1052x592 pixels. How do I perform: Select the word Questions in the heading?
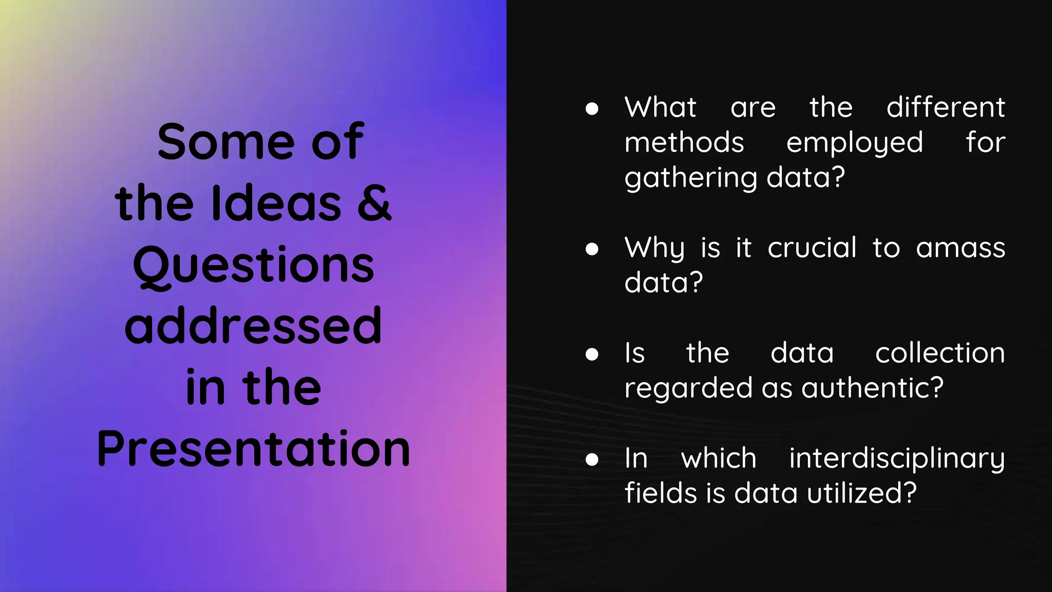point(253,265)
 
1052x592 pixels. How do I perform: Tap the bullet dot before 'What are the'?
point(592,108)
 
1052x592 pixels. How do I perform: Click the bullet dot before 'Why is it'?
point(592,249)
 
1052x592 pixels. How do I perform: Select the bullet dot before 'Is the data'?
point(592,354)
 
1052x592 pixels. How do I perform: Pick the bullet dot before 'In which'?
point(592,459)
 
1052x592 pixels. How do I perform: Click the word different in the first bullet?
point(946,107)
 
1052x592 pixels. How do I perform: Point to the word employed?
point(854,143)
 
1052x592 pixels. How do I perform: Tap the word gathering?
point(691,178)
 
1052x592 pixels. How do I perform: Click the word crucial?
point(812,248)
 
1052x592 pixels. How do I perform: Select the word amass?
point(960,249)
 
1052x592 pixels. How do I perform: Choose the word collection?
point(940,353)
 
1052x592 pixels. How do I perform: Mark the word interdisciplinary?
point(896,458)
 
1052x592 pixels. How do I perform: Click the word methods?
point(684,142)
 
